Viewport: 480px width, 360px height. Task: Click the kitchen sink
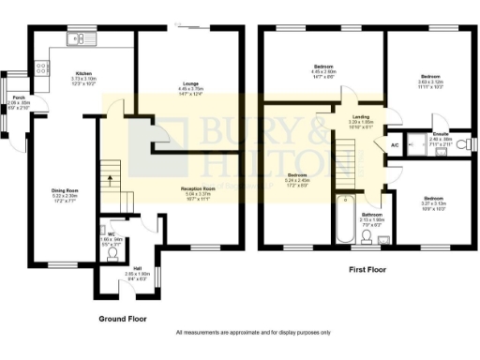[73, 38]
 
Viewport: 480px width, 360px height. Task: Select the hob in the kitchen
[39, 66]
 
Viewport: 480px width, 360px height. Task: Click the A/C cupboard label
[394, 146]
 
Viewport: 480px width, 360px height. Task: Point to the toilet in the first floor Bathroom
[365, 247]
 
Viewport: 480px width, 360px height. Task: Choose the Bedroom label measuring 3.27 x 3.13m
[433, 202]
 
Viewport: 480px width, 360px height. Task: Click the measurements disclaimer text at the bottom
[239, 333]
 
